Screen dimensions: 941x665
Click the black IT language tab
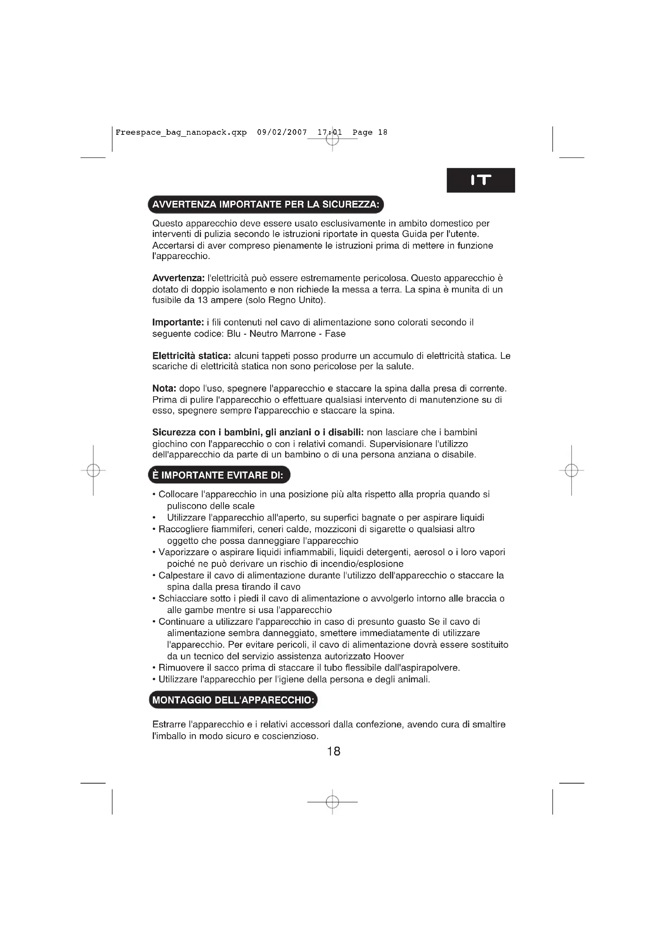(x=480, y=180)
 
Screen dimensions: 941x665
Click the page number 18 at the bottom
(x=334, y=751)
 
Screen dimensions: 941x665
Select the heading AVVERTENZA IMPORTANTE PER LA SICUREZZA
(x=266, y=204)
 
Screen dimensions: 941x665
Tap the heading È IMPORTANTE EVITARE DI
(x=219, y=475)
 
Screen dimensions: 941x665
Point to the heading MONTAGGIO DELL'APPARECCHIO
(x=233, y=700)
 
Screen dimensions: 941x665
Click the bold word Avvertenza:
(x=178, y=278)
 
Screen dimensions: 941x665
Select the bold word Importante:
(x=178, y=323)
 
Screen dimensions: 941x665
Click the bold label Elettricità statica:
(x=192, y=356)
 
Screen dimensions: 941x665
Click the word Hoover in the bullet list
(x=389, y=656)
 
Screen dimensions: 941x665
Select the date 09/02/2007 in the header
(x=282, y=132)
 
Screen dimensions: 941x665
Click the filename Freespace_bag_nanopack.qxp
(x=181, y=132)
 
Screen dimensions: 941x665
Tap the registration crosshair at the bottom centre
(x=332, y=801)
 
